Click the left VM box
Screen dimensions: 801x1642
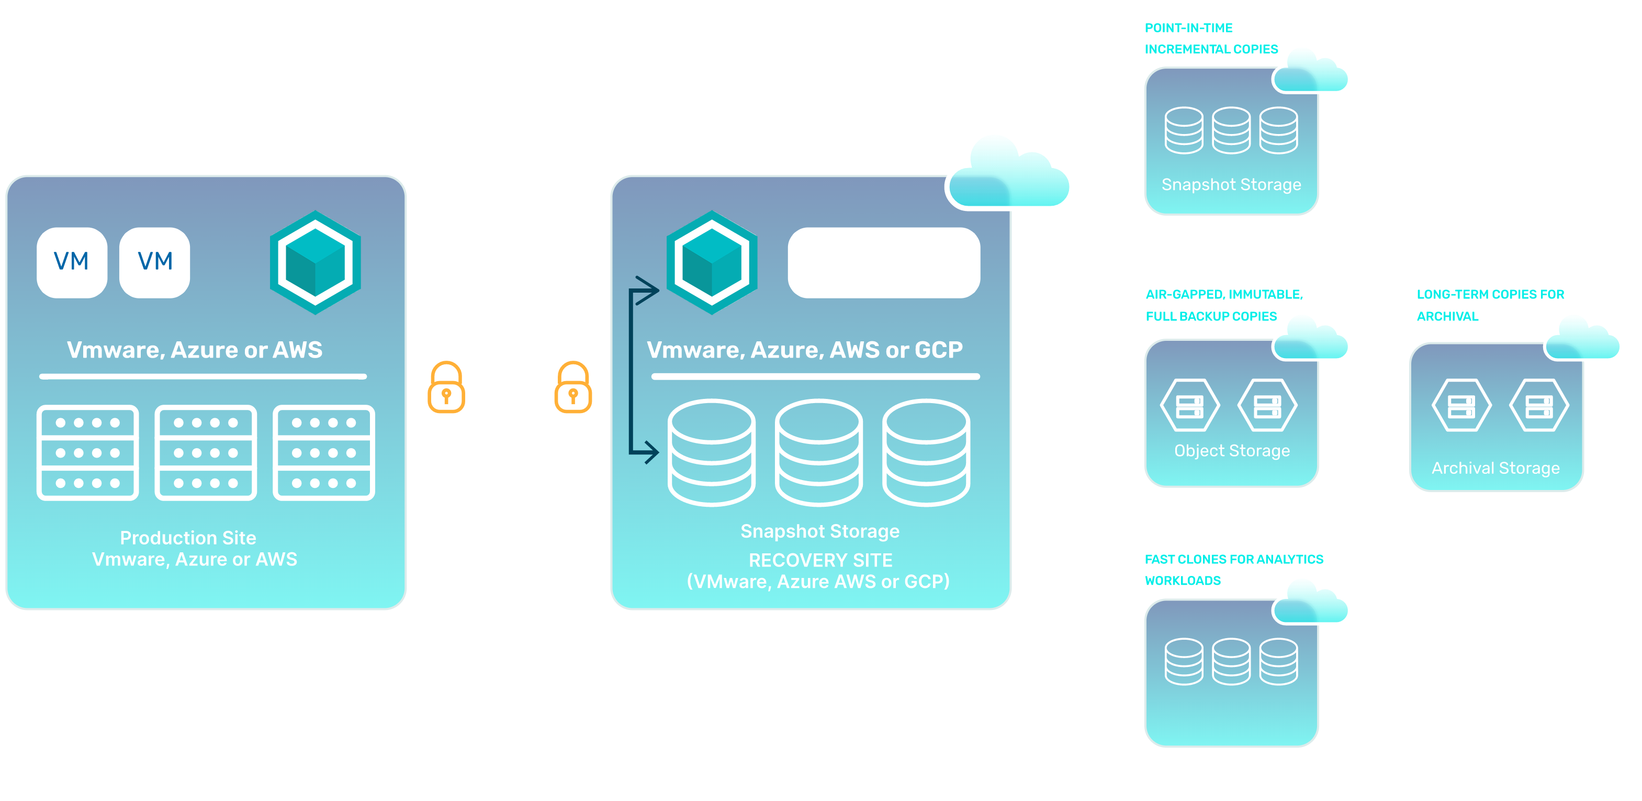tap(71, 262)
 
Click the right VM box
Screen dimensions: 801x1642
tap(155, 262)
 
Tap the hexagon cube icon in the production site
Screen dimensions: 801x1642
tap(316, 262)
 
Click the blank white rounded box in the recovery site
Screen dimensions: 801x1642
tap(883, 262)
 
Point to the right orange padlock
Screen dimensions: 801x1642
tap(572, 390)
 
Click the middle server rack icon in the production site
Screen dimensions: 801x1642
tap(205, 452)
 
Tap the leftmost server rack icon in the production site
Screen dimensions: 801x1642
tap(88, 452)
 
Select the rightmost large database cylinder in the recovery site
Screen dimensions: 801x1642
tap(926, 452)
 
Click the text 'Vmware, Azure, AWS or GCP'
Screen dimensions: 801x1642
tap(804, 350)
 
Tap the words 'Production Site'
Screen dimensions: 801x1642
tap(188, 538)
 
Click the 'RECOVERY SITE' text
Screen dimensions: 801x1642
tap(820, 560)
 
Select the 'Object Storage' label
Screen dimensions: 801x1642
tap(1232, 450)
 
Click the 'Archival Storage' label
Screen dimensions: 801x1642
tap(1495, 468)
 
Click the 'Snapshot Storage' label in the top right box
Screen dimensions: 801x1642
tap(1231, 184)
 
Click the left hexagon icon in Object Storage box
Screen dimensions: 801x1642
tap(1189, 406)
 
